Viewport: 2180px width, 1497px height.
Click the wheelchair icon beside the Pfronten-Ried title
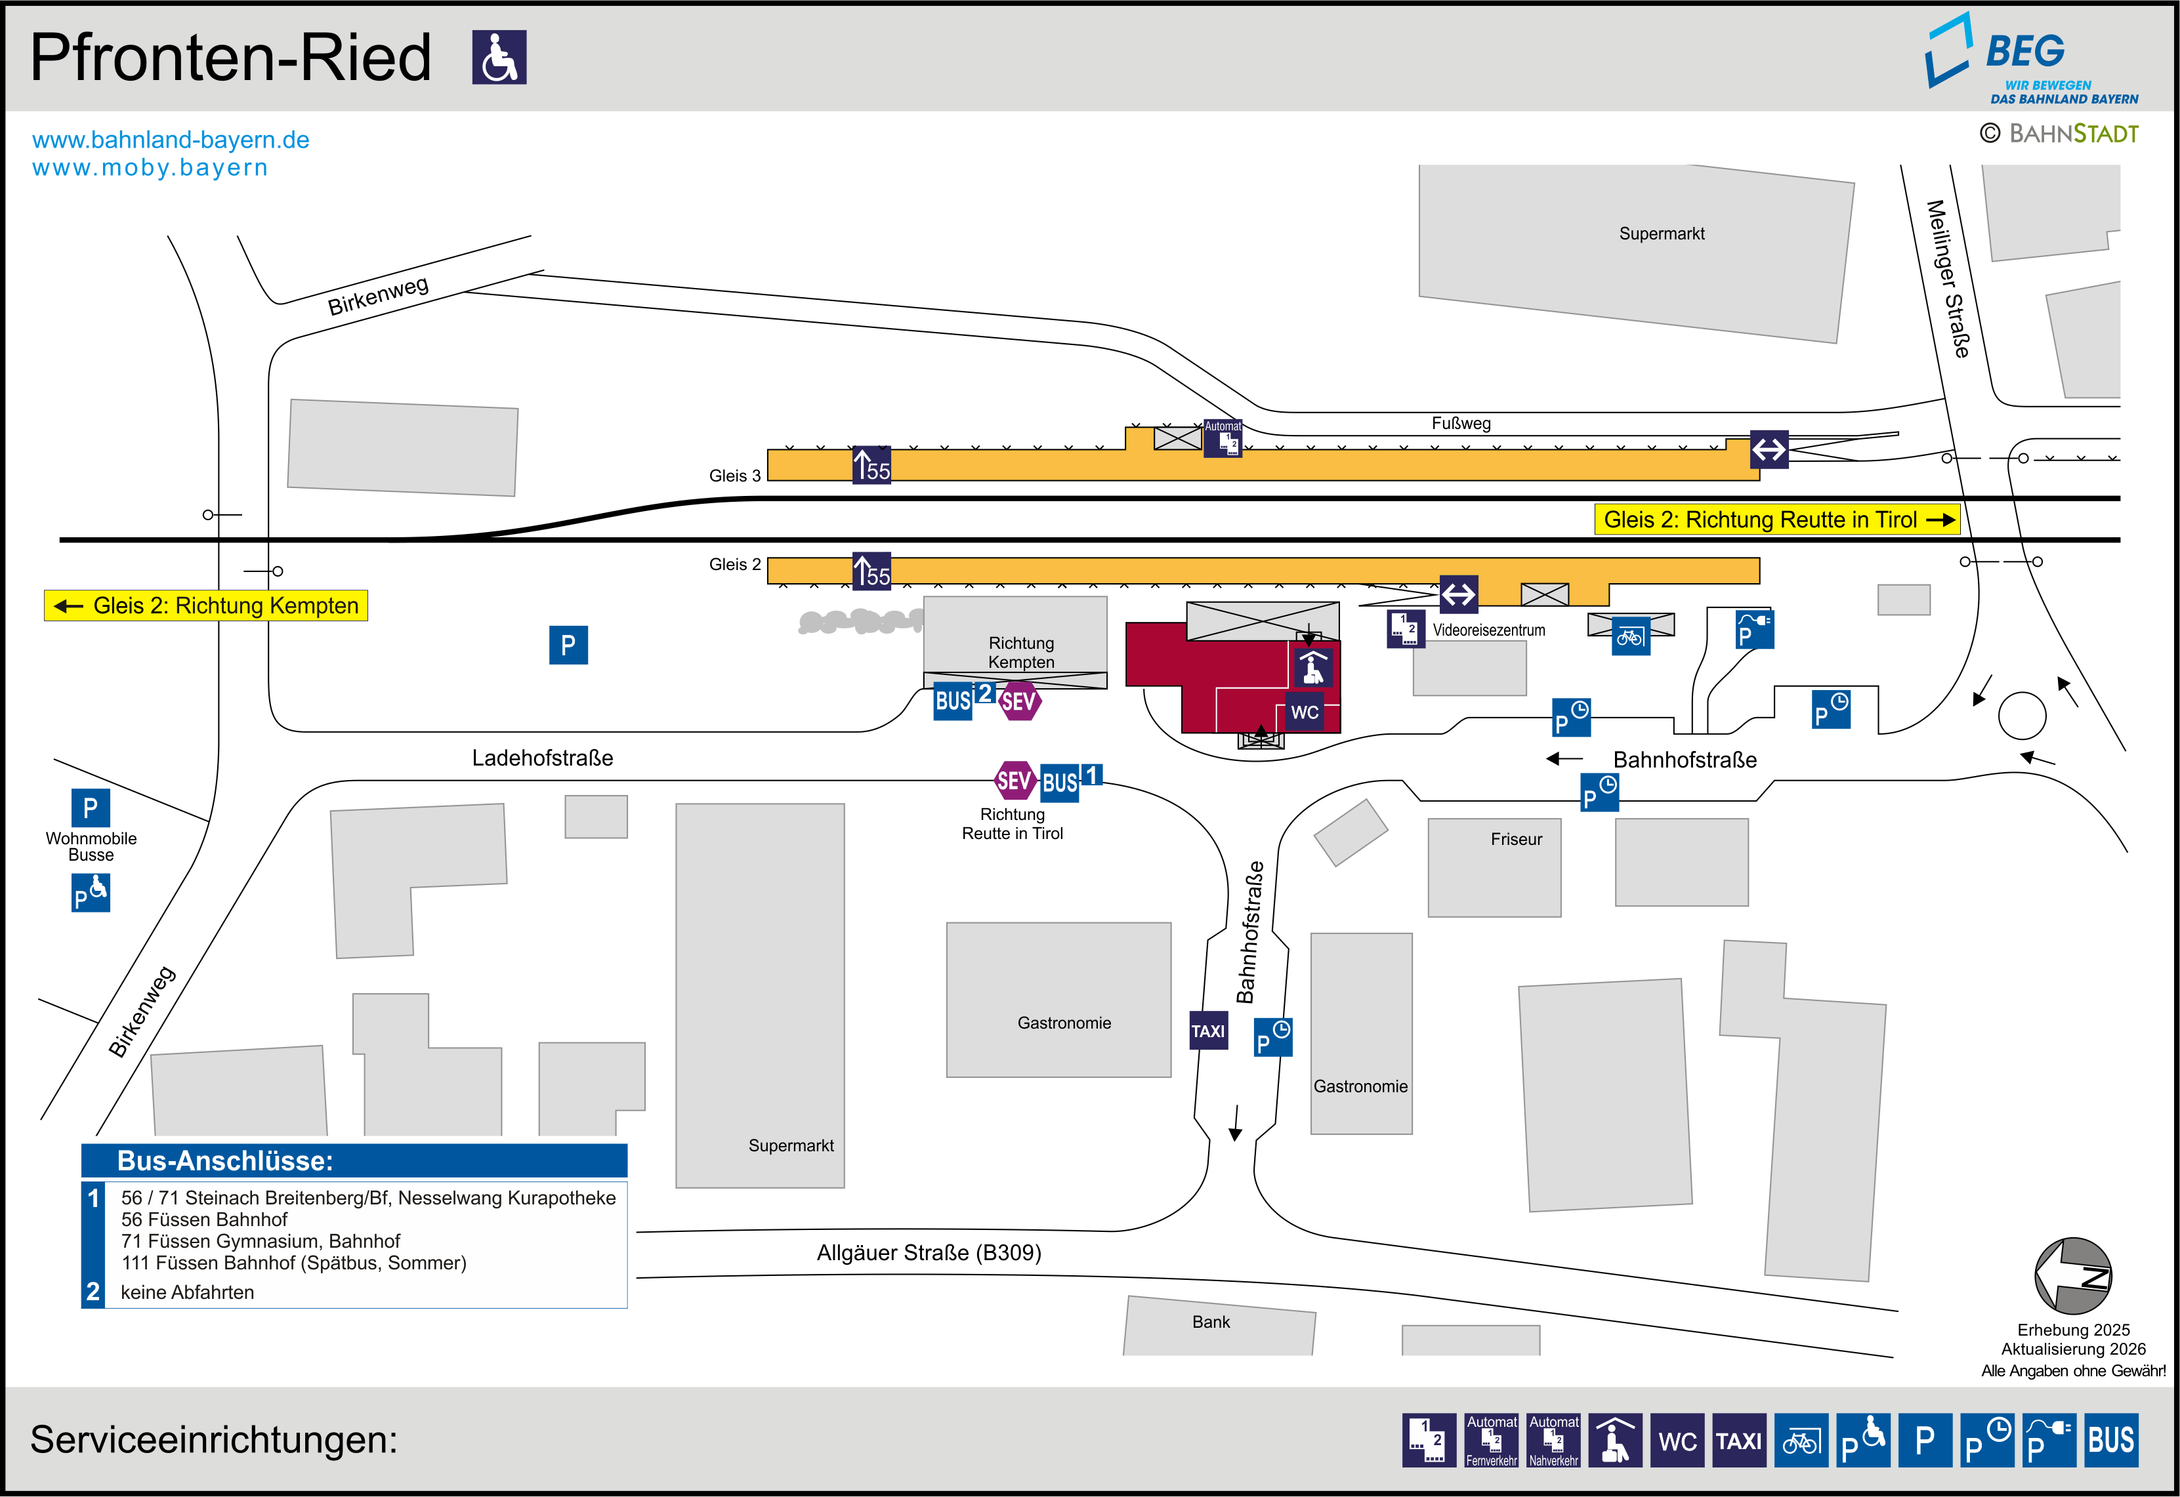(x=499, y=57)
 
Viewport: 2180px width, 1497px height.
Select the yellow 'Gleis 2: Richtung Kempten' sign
(x=206, y=606)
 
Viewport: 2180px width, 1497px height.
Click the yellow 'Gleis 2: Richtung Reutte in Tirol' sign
(x=1776, y=520)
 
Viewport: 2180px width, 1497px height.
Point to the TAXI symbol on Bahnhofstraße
(x=1208, y=1031)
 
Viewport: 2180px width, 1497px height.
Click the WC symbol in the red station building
(x=1304, y=712)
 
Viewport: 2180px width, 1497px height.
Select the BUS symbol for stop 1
(x=1060, y=782)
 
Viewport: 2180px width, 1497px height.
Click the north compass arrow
(x=2073, y=1276)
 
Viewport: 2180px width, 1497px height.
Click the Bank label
(x=1211, y=1322)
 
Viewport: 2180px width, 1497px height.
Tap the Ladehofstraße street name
(x=542, y=758)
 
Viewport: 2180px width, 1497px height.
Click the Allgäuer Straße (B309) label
(x=929, y=1253)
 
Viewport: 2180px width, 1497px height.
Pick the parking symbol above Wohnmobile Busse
(x=90, y=808)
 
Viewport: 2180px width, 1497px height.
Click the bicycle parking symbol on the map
(x=1630, y=638)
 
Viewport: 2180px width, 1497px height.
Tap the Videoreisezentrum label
(x=1489, y=630)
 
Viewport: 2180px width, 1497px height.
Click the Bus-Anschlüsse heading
(x=225, y=1161)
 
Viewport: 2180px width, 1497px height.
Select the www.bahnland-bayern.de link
(x=171, y=140)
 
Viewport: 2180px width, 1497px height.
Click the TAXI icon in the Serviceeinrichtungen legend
(x=1738, y=1441)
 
